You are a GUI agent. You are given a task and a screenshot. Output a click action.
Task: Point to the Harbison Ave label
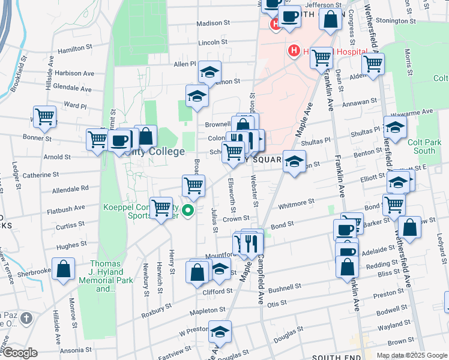74,73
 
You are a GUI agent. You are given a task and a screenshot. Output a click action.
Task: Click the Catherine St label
40,175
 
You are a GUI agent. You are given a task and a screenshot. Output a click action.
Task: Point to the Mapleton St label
206,311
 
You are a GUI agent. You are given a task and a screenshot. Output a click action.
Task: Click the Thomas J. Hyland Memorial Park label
106,276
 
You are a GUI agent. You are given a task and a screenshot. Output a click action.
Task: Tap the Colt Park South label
424,147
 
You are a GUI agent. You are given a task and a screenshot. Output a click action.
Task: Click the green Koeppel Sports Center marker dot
188,211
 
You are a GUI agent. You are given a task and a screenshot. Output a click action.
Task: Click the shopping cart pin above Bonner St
44,116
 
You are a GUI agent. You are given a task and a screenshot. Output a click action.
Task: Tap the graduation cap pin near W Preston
220,332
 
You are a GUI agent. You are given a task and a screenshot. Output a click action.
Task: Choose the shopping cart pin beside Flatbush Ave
161,208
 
